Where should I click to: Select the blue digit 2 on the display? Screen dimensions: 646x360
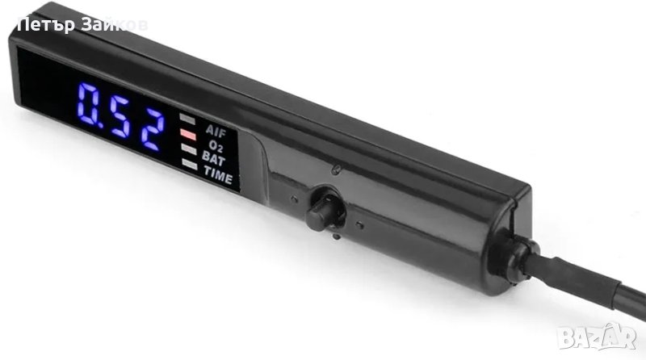click(x=152, y=129)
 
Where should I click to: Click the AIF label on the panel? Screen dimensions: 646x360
click(x=216, y=132)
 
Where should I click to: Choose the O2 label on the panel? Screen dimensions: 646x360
click(x=216, y=146)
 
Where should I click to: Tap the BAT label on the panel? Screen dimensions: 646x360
click(x=213, y=158)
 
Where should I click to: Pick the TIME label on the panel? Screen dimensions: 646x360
click(x=218, y=175)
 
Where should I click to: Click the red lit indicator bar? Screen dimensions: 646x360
click(x=188, y=134)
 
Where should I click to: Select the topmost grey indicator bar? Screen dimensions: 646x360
click(x=187, y=119)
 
